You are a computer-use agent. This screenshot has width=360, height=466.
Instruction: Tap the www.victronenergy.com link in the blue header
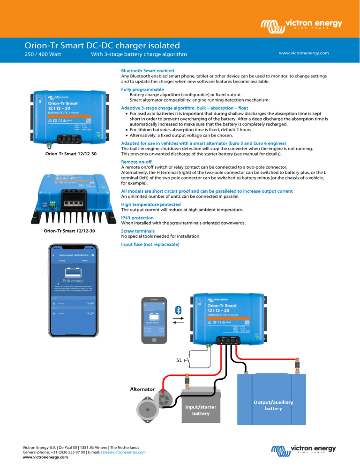pos(304,53)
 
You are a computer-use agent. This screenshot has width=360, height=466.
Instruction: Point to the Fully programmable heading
pos(142,89)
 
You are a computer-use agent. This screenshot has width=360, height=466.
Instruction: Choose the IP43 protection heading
pos(137,218)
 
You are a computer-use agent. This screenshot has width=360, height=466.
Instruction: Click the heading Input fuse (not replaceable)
pos(150,244)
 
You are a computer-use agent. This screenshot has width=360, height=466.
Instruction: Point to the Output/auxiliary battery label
pos(274,405)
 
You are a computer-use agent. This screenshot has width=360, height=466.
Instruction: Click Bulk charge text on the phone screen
pos(73,281)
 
